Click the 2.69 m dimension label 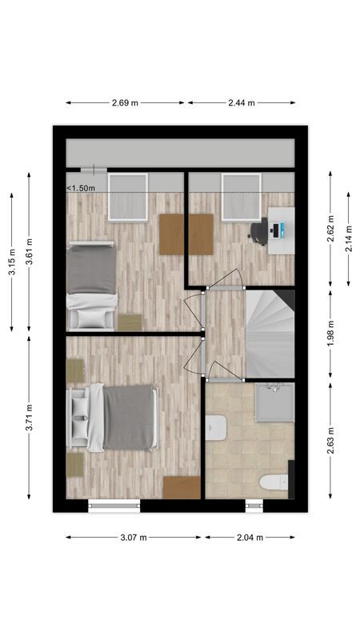click(125, 102)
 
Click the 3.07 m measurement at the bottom click(133, 538)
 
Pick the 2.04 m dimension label click(249, 538)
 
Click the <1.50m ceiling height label click(81, 188)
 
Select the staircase click(270, 333)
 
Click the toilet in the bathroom click(273, 482)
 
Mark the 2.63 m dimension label click(330, 441)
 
